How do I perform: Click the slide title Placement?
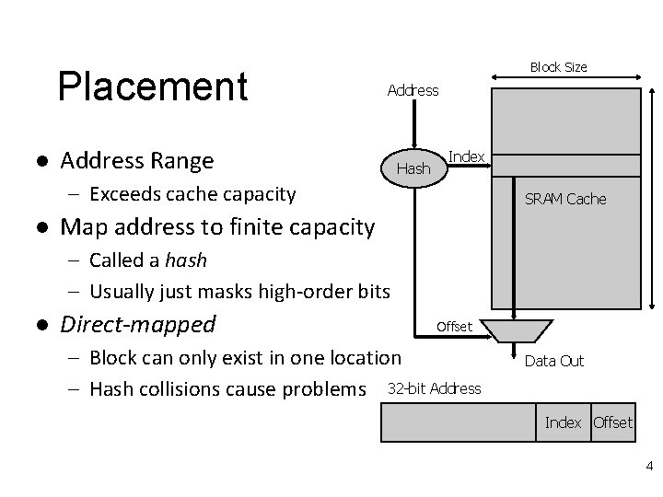point(153,87)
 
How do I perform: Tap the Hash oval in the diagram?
point(413,168)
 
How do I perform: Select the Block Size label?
point(558,67)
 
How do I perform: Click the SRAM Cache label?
point(565,199)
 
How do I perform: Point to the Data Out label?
point(554,361)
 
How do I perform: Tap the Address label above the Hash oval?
point(413,90)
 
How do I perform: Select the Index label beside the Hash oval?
point(467,156)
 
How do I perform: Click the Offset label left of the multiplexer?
point(454,327)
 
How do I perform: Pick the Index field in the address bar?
point(564,422)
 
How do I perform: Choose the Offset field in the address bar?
point(612,422)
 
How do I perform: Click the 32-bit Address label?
point(435,387)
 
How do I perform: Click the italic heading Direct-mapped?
point(138,324)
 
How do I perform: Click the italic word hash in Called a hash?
point(187,260)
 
